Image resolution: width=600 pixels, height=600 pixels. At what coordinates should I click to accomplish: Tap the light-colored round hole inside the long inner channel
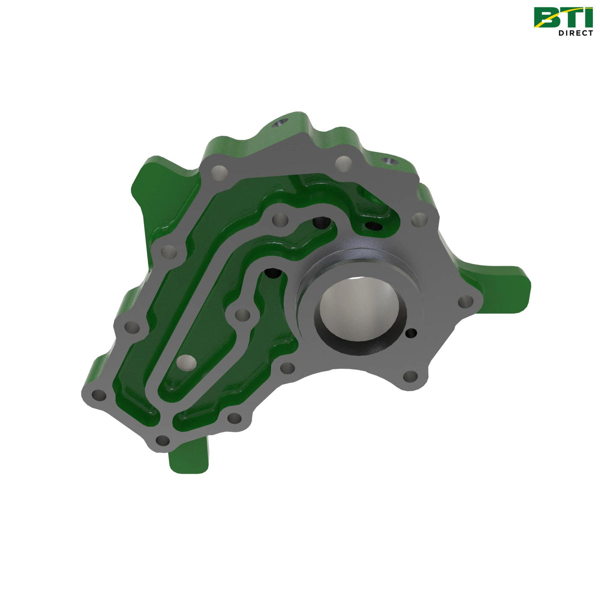click(185, 361)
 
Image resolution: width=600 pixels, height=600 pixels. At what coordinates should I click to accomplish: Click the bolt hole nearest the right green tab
click(465, 301)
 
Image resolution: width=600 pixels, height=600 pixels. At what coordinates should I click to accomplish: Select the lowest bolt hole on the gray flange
click(162, 440)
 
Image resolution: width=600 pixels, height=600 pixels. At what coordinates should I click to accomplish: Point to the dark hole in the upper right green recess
click(373, 226)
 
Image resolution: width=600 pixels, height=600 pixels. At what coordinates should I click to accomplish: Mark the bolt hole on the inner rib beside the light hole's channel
click(242, 315)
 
